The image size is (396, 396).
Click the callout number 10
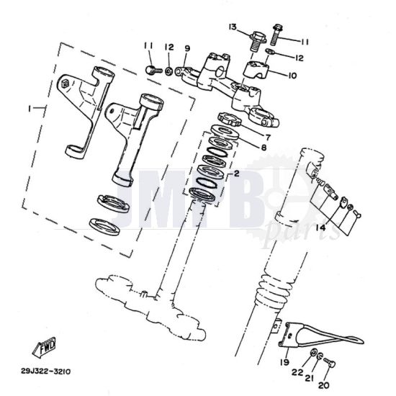click(292, 75)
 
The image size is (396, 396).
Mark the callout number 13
click(233, 27)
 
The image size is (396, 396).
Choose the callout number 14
click(319, 228)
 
